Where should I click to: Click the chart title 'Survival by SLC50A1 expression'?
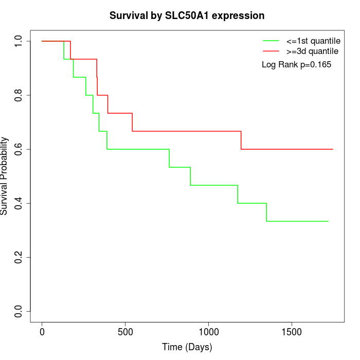pos(187,16)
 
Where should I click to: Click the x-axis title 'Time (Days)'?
pos(187,347)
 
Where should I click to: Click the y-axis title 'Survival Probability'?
pos(5,176)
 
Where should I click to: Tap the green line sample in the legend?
pos(271,41)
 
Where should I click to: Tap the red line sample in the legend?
pos(271,51)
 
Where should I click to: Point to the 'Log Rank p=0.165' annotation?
pos(296,65)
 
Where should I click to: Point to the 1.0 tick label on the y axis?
pos(19,41)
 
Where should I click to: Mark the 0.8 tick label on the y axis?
pos(19,95)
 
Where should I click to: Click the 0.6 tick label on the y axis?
pos(19,149)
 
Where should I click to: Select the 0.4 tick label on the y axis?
pos(19,203)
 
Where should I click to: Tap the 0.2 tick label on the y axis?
pos(19,257)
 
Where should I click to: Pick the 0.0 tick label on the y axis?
pos(19,311)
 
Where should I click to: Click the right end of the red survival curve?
pos(333,149)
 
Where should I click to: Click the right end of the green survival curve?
pos(328,221)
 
